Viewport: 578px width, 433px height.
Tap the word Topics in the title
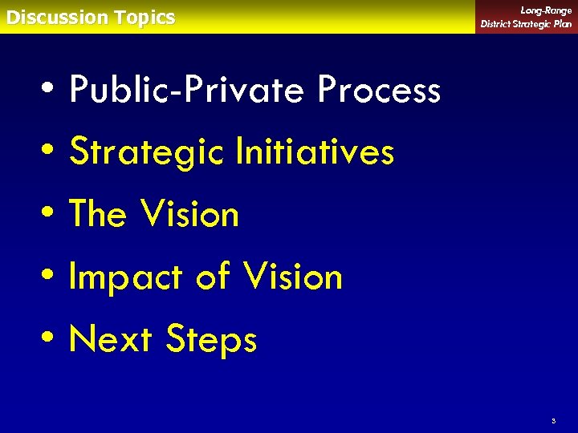144,18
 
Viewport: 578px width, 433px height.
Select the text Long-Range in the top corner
546,10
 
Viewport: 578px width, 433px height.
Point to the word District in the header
499,24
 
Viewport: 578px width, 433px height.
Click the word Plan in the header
561,24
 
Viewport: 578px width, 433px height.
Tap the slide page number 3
553,420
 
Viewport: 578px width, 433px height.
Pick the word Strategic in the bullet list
146,151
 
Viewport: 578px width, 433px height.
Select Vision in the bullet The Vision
189,214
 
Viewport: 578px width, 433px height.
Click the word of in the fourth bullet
213,277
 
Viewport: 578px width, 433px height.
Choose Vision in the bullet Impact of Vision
293,277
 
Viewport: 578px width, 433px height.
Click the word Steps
211,339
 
